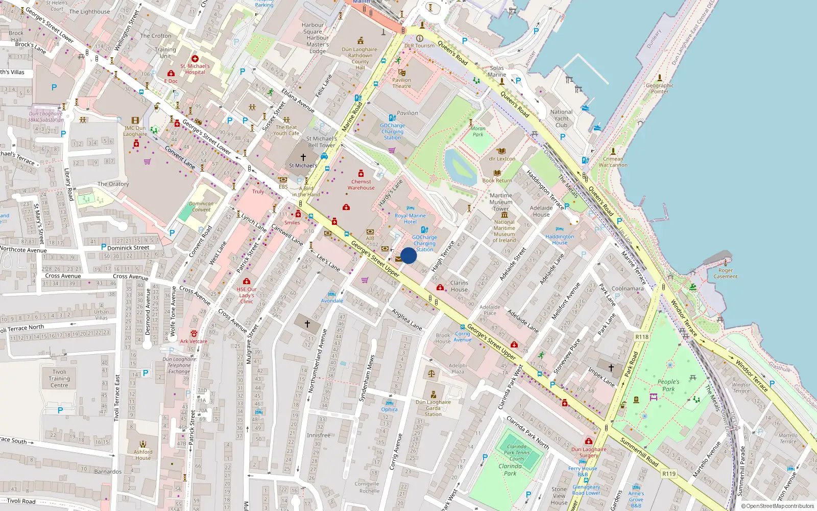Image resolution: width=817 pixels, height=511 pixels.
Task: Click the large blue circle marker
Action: click(x=408, y=255)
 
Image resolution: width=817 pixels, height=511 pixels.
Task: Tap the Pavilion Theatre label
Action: click(x=401, y=83)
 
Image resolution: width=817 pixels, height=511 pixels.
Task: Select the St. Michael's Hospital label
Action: click(x=195, y=69)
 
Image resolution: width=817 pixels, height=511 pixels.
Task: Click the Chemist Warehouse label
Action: click(x=361, y=184)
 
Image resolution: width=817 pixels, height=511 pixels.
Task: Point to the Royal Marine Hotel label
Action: click(x=410, y=219)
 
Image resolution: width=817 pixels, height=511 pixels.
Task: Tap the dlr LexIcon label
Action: click(x=501, y=159)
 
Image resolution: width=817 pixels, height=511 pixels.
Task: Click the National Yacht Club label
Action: click(x=561, y=119)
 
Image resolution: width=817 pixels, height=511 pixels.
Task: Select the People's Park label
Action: click(x=668, y=385)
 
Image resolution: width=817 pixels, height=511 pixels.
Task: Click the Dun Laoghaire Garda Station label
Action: click(x=433, y=408)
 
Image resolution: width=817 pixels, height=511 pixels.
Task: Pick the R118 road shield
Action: click(x=642, y=337)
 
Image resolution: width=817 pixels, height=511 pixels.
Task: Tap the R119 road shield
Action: click(x=669, y=474)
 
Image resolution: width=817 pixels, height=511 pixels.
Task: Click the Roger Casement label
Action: click(x=725, y=273)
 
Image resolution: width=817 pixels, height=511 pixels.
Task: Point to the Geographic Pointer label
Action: click(x=659, y=88)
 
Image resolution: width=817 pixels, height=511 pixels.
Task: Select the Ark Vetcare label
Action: click(x=194, y=341)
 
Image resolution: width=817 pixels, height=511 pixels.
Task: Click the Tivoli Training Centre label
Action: click(x=59, y=379)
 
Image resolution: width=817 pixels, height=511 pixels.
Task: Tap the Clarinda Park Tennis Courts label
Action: click(x=517, y=452)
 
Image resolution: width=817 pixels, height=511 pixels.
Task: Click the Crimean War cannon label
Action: click(x=613, y=162)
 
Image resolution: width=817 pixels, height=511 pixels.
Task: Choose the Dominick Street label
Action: click(x=128, y=248)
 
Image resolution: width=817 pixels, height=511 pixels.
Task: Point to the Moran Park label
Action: click(x=478, y=132)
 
